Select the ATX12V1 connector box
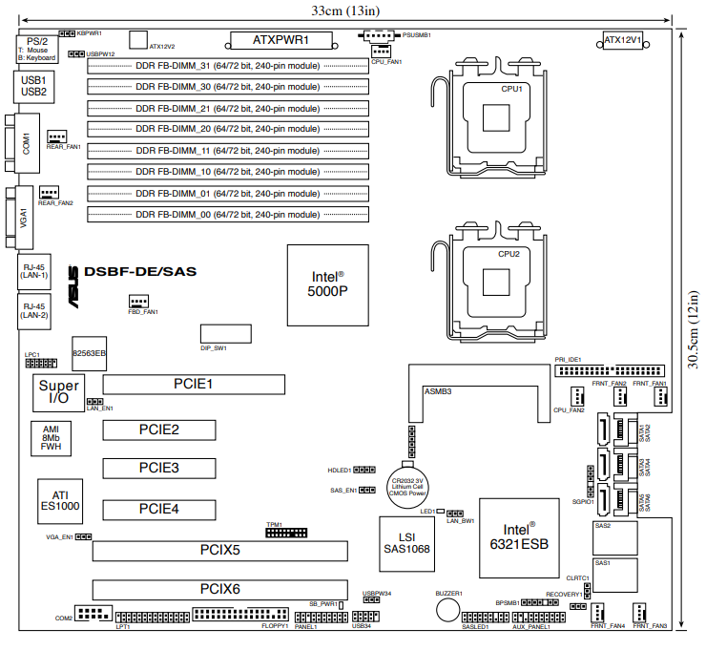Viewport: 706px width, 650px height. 622,40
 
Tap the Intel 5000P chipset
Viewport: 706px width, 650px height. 328,283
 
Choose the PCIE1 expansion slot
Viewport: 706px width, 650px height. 194,385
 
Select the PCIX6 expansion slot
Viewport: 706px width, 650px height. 220,588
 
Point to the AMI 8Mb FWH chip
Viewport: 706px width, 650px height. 52,437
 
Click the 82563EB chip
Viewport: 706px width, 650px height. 90,353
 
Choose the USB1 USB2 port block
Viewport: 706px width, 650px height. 33,86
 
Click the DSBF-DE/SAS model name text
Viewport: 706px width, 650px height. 140,271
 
